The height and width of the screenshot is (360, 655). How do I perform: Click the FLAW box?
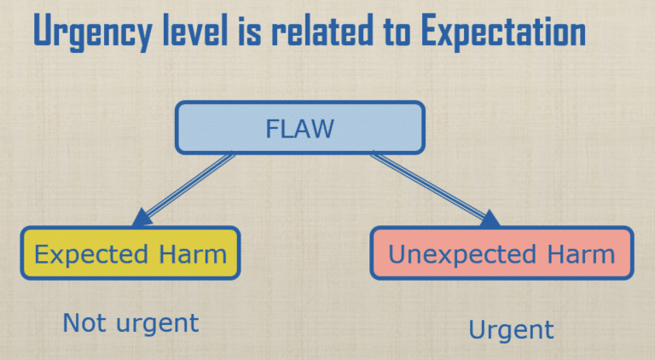pos(299,128)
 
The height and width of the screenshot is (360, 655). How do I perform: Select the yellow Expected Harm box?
pos(130,253)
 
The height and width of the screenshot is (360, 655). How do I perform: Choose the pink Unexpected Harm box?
pos(501,253)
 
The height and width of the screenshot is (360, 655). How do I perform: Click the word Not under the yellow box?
pos(82,322)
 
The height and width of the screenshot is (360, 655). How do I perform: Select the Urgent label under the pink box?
pos(512,329)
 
